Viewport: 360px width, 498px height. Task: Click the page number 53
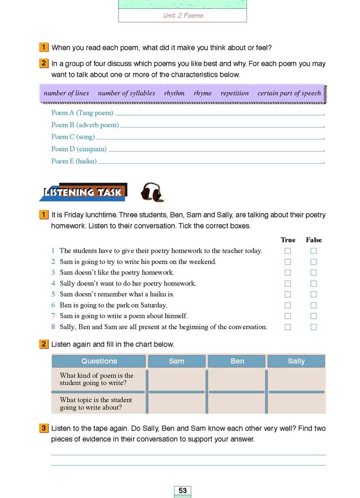[x=183, y=490]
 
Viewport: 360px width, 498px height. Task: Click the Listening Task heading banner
[x=83, y=192]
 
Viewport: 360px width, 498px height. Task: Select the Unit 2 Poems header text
[x=183, y=15]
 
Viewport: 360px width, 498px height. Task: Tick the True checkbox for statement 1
[x=287, y=251]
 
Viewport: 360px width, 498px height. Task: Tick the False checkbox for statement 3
[x=313, y=272]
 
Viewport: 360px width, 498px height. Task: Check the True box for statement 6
[x=287, y=305]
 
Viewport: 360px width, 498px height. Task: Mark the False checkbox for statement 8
[x=313, y=327]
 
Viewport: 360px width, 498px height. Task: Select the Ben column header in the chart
[x=237, y=361]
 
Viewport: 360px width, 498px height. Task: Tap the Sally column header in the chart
[x=296, y=361]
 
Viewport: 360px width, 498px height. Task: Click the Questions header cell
[x=99, y=361]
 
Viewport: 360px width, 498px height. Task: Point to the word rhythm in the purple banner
[x=174, y=93]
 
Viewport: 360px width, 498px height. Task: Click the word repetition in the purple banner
[x=235, y=93]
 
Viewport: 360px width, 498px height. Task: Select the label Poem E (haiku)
[x=74, y=161]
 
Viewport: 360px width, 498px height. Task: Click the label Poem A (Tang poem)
[x=82, y=112]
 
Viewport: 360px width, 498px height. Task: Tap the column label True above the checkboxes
[x=288, y=240]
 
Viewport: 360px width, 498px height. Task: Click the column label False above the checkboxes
[x=313, y=240]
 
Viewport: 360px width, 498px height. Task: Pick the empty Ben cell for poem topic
[x=237, y=403]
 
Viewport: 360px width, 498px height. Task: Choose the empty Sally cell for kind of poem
[x=296, y=380]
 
